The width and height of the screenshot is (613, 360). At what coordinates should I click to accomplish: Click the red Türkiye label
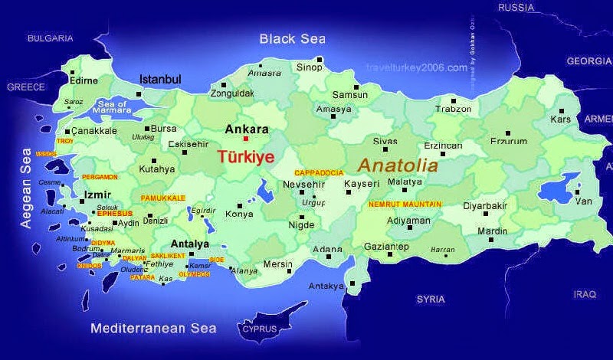click(246, 156)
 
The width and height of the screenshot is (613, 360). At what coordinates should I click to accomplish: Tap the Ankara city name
click(247, 129)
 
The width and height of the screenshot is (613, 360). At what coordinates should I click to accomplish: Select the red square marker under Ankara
click(246, 139)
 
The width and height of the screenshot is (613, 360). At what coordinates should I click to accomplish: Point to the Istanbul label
click(159, 79)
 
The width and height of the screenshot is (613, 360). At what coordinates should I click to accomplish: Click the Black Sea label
click(291, 39)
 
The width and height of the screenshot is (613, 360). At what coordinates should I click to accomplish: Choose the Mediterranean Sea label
click(153, 329)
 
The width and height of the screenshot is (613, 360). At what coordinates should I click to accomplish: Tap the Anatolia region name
click(398, 165)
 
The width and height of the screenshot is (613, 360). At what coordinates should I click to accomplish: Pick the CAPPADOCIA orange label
click(319, 172)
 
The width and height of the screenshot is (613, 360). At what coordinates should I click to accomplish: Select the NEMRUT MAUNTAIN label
click(405, 205)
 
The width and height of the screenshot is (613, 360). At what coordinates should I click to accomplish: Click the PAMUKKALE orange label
click(163, 198)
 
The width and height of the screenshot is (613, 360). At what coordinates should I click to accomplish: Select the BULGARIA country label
click(50, 38)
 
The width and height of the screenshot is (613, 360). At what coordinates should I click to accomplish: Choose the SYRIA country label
click(430, 299)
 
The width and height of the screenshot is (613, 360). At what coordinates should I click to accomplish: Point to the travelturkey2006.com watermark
click(417, 67)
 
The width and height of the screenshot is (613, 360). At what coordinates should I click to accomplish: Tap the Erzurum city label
click(509, 141)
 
